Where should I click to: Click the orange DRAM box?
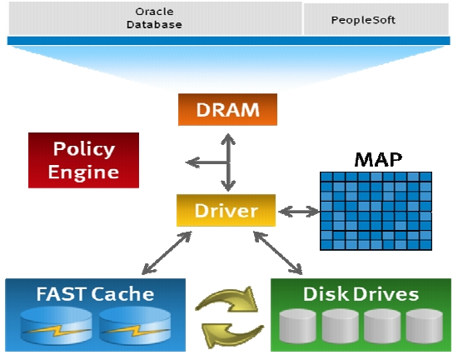point(227,109)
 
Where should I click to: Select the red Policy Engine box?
point(83,160)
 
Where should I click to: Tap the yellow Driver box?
point(226,210)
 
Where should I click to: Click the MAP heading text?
point(378,159)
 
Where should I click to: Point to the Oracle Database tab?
point(155,18)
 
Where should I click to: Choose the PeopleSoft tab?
point(376,20)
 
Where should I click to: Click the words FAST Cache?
point(95,294)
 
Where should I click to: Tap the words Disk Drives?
point(361,294)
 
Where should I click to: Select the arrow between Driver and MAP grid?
point(299,212)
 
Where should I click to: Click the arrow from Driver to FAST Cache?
point(167,253)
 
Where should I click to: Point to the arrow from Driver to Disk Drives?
point(278,253)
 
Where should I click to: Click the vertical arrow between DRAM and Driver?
point(228,162)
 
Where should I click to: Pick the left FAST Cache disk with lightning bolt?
point(56,325)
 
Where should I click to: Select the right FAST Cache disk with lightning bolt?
point(135,325)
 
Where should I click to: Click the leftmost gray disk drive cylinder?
point(297,326)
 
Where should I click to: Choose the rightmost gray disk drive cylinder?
point(425,326)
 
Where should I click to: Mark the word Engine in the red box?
point(83,172)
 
